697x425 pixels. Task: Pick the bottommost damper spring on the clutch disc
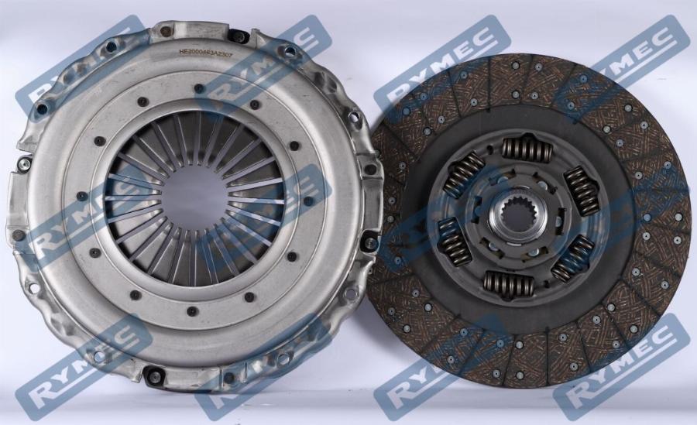coord(508,284)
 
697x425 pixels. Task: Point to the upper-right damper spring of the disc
coord(582,190)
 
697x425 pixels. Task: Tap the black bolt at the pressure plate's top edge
coord(239,36)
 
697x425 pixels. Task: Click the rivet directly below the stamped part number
coord(200,88)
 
